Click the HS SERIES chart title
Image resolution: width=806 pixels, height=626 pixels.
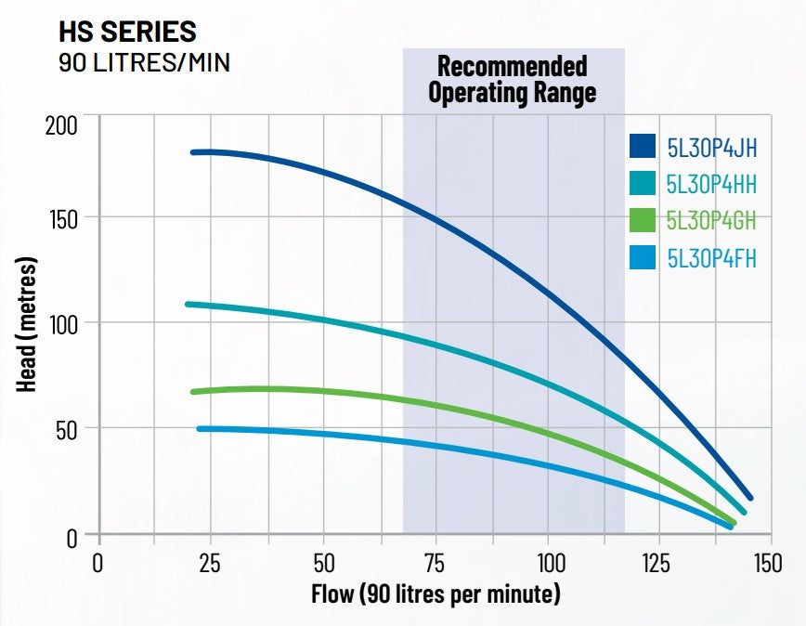pyautogui.click(x=127, y=31)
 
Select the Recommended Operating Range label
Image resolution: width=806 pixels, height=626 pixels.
pyautogui.click(x=513, y=80)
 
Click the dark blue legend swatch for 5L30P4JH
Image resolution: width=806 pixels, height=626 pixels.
pyautogui.click(x=643, y=147)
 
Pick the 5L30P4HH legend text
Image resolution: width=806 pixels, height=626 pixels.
pyautogui.click(x=711, y=184)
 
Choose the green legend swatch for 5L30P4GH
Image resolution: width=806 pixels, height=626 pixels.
pyautogui.click(x=643, y=220)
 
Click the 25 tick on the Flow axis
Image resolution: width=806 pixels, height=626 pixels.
pyautogui.click(x=210, y=564)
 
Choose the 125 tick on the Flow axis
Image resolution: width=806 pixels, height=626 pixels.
pyautogui.click(x=658, y=564)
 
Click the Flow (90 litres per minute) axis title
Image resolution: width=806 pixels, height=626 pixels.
pyautogui.click(x=437, y=593)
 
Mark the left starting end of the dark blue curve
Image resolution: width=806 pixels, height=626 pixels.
pyautogui.click(x=193, y=151)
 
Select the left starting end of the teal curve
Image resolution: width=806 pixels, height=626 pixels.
pyautogui.click(x=188, y=304)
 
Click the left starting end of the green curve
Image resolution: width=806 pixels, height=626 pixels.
pyautogui.click(x=193, y=392)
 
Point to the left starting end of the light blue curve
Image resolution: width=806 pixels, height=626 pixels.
pyautogui.click(x=200, y=428)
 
